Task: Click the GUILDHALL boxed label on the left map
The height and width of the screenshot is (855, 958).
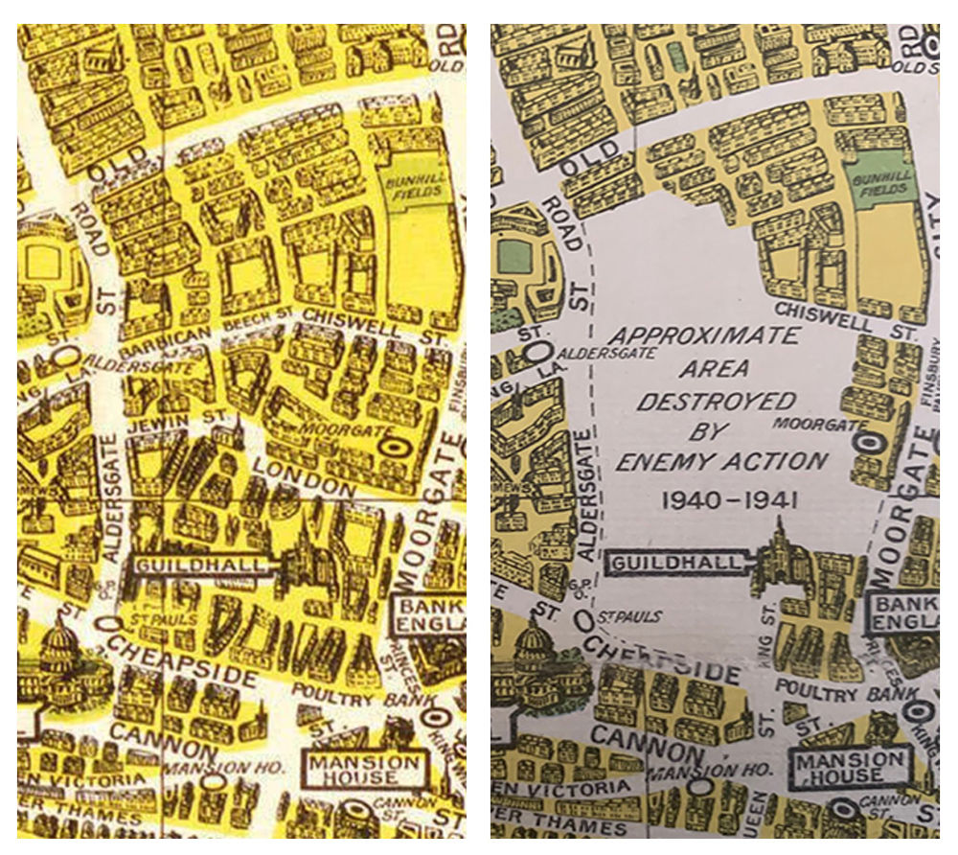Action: click(x=198, y=566)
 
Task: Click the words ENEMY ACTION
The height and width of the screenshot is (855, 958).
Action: click(x=721, y=462)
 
